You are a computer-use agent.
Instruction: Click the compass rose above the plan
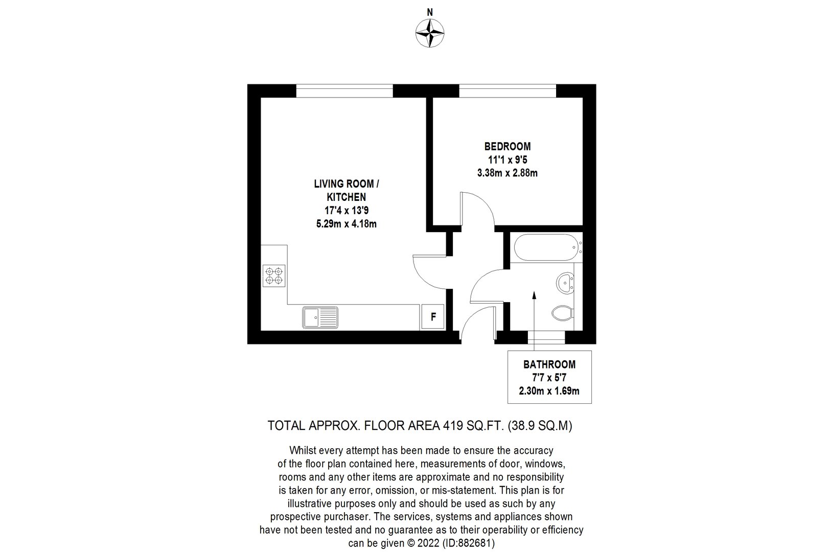tap(430, 33)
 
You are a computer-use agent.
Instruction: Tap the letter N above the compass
tap(430, 12)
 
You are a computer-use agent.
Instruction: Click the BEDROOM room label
tap(508, 146)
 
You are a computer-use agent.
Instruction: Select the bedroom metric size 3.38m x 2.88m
tap(508, 173)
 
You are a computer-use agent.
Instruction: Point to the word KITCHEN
tap(347, 197)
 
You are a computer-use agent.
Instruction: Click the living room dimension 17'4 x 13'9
tap(347, 211)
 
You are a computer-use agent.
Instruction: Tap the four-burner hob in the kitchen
tap(274, 275)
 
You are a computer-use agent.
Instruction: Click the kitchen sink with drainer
tap(320, 317)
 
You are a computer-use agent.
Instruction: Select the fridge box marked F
tap(433, 317)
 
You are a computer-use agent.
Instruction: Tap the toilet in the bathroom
tap(563, 313)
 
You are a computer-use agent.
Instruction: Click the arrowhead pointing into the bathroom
tap(534, 295)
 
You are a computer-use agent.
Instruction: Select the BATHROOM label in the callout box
tap(549, 364)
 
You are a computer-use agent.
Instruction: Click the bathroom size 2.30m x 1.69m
tap(549, 391)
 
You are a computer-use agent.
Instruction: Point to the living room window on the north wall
tap(344, 91)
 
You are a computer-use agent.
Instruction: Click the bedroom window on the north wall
tap(508, 91)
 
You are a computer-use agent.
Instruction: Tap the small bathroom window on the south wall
tap(546, 337)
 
